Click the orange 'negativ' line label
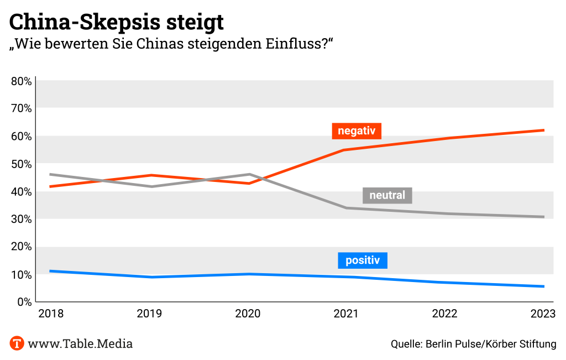357,131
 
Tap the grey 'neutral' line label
387,195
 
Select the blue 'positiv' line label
363,260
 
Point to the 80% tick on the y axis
21,81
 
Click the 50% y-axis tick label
21,164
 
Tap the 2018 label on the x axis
51,314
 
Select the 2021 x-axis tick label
346,314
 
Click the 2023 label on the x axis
542,314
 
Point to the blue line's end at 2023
544,286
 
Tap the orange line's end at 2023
544,131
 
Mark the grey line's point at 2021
346,208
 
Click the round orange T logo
17,343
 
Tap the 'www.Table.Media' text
80,343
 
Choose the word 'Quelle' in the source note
405,344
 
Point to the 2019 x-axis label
149,314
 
